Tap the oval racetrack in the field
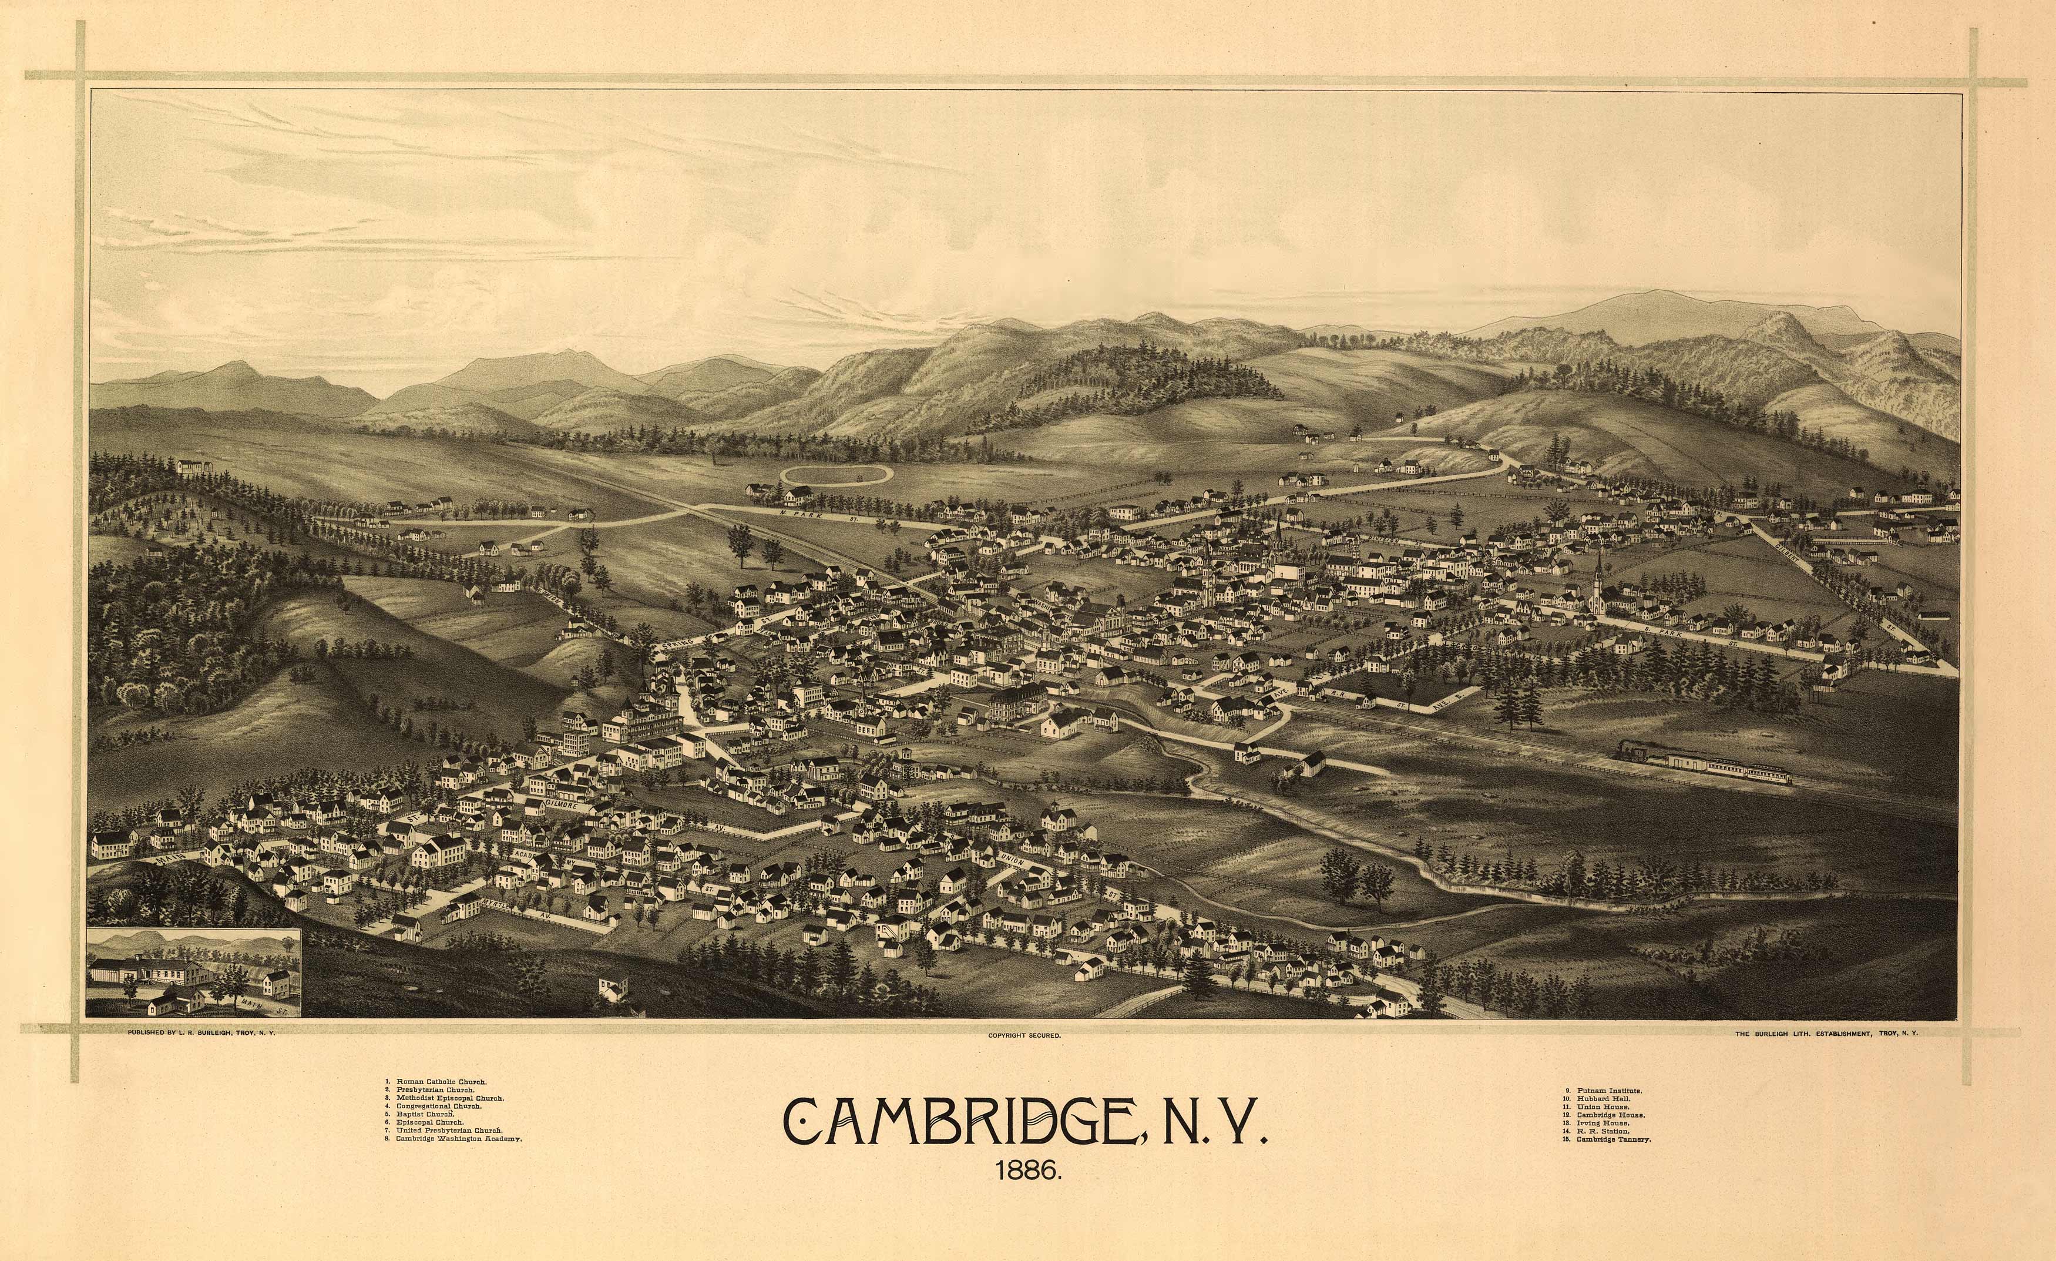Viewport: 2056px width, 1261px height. point(836,475)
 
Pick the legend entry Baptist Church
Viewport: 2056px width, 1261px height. point(424,1114)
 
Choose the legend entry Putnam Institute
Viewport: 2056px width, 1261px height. point(1609,1091)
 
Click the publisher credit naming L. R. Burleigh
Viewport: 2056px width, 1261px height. point(201,1033)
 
